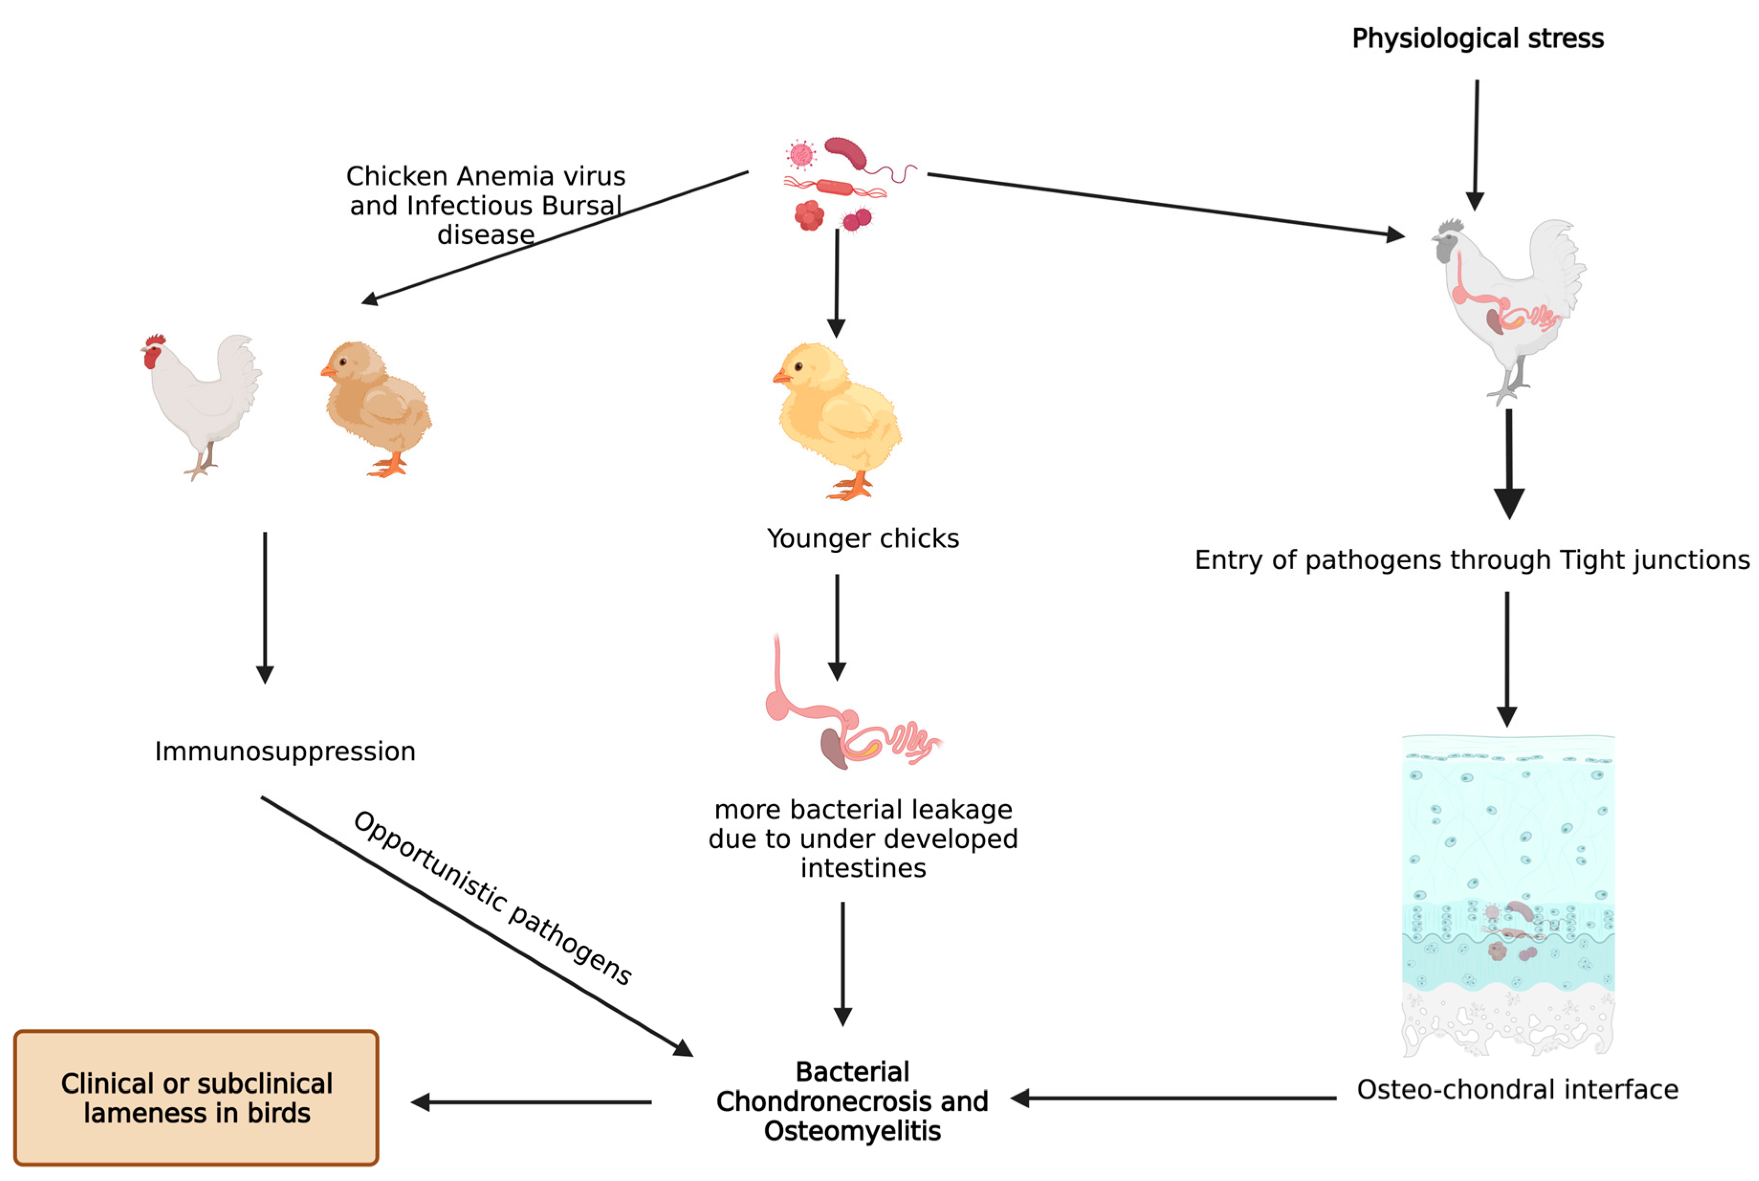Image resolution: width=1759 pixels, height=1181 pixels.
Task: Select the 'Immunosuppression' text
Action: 284,751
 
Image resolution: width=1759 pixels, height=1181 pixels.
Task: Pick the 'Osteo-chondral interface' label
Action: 1517,1089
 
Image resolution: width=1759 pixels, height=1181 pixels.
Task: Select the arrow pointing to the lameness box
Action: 531,1102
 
